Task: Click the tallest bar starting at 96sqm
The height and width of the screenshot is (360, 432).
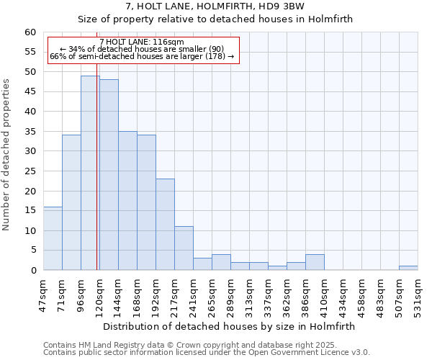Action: coord(90,173)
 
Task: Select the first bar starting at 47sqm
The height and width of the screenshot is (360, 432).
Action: coord(53,238)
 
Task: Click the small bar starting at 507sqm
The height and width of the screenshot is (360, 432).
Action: coord(408,268)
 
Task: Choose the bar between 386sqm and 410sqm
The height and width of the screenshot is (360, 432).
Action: coord(315,262)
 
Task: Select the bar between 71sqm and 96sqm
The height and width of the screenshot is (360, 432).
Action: coord(71,202)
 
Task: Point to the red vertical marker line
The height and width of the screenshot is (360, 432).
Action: coord(97,180)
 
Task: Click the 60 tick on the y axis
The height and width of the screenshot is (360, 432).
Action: coord(30,32)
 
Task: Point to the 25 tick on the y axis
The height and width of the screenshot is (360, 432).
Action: coord(30,171)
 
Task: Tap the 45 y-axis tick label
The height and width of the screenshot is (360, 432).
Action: coord(30,92)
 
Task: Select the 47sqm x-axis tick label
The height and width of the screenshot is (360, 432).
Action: coord(43,294)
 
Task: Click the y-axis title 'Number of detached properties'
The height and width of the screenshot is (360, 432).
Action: coord(7,155)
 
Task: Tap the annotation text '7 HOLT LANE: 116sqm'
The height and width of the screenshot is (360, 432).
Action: coord(142,42)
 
